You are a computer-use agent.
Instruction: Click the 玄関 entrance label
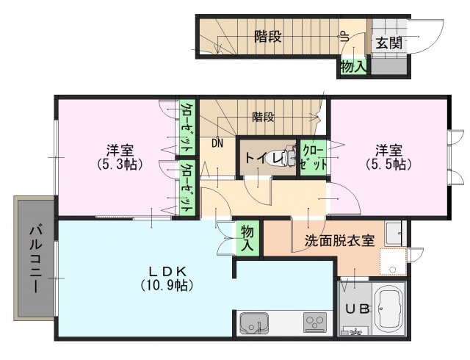point(388,43)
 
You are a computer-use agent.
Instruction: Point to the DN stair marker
point(217,143)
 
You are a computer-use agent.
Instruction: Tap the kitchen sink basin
point(253,323)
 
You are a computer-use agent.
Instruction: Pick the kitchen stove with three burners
point(315,323)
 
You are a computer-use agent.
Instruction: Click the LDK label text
point(168,271)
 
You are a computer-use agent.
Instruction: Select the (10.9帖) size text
point(167,285)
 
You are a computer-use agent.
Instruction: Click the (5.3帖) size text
point(119,164)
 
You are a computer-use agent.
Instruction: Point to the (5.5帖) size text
point(388,164)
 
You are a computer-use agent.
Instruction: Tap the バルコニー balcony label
point(35,260)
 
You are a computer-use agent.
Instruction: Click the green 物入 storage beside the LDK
point(247,238)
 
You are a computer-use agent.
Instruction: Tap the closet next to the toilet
point(314,157)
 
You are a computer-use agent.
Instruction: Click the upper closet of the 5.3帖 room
point(187,127)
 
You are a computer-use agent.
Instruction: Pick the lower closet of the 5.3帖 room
point(187,188)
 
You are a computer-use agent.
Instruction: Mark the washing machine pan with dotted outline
point(393,262)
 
